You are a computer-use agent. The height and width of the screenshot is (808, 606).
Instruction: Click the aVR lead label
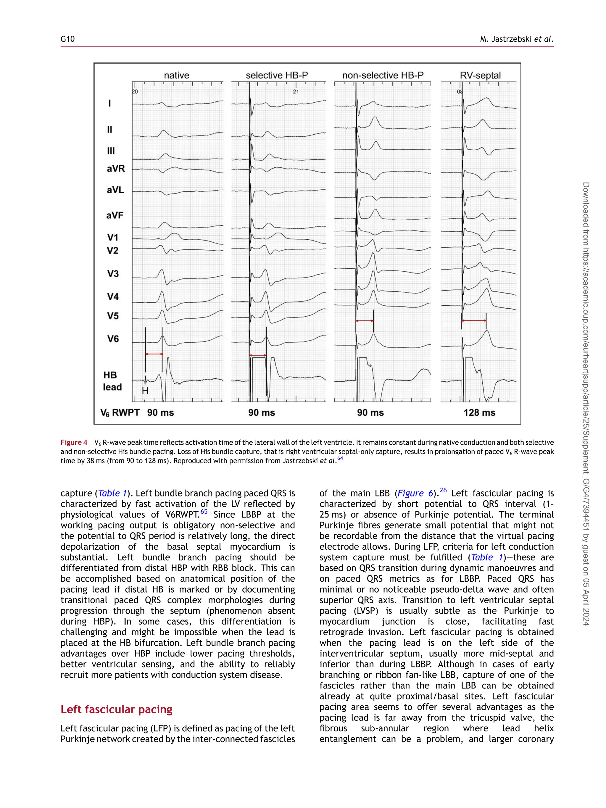(116, 168)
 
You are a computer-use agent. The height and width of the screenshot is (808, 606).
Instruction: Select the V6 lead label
(113, 339)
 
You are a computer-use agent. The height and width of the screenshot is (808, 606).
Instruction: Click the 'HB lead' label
(112, 381)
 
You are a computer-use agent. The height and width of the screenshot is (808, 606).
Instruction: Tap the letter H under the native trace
(145, 391)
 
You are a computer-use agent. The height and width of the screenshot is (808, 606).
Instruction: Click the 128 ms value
(479, 412)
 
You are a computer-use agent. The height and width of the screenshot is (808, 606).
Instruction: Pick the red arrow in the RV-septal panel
(474, 320)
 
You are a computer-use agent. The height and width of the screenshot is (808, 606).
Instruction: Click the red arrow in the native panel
(154, 354)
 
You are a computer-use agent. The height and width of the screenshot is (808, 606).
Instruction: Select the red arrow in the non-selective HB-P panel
(365, 321)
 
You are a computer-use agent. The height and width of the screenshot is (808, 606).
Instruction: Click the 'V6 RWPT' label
(120, 412)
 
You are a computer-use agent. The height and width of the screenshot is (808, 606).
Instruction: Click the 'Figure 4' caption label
(74, 442)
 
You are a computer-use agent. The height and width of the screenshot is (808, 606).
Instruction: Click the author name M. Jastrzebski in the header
(506, 39)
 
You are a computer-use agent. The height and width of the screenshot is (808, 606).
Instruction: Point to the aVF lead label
(115, 215)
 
